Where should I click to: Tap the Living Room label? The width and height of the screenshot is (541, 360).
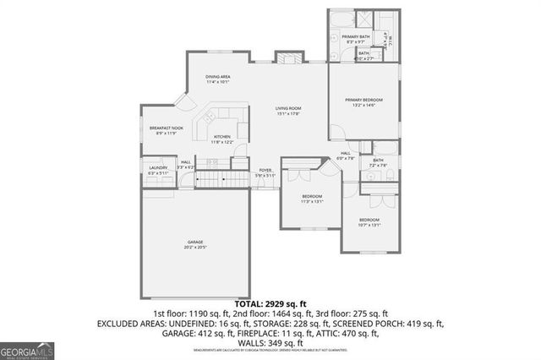[288, 110]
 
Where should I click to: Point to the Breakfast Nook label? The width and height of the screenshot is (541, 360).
[161, 130]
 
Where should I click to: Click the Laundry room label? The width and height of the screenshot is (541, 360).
[158, 170]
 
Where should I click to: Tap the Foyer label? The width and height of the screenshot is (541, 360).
[265, 172]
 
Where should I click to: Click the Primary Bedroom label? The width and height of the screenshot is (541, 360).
[364, 102]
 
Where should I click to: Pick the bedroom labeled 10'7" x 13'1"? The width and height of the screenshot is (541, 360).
[369, 223]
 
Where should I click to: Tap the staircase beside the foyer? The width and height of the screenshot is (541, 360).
[225, 178]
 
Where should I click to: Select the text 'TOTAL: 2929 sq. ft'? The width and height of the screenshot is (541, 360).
[270, 303]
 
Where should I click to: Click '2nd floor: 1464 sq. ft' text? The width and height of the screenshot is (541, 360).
[270, 313]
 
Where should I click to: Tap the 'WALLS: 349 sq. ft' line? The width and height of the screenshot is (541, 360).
[270, 343]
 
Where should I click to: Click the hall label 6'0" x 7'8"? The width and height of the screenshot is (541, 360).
[346, 155]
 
